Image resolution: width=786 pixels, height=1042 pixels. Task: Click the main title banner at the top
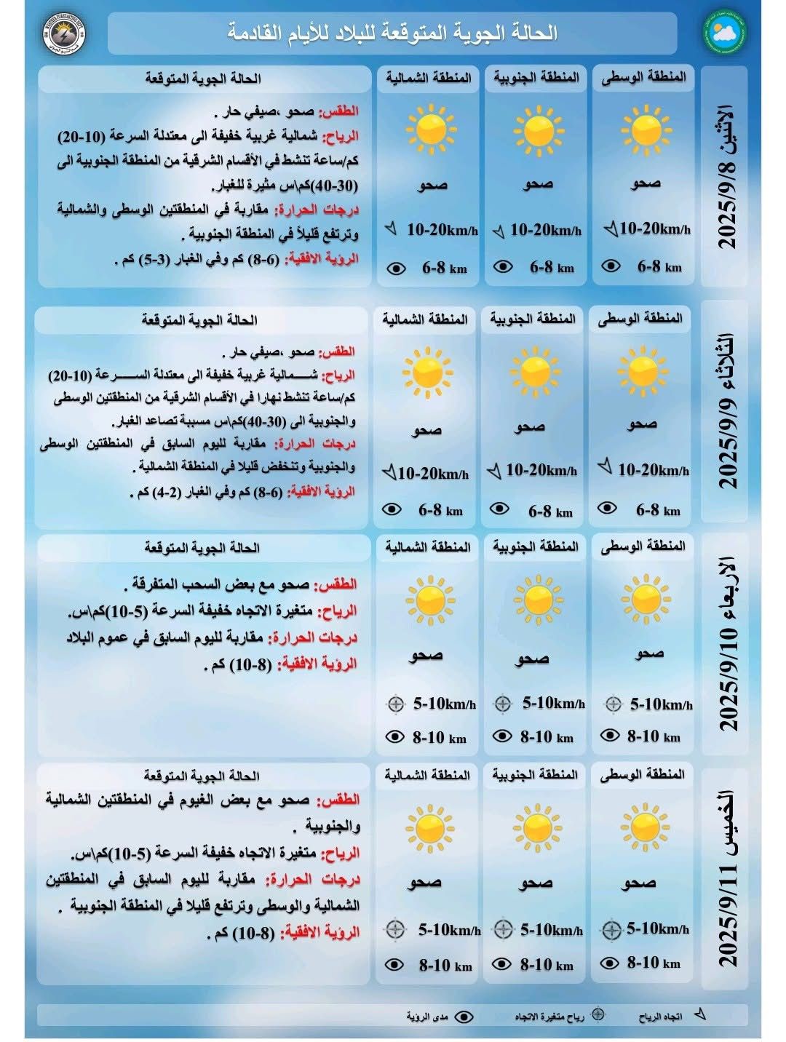(x=392, y=33)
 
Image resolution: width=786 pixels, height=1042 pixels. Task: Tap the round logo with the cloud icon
(x=724, y=32)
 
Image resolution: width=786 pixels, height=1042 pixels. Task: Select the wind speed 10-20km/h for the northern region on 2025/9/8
(x=441, y=230)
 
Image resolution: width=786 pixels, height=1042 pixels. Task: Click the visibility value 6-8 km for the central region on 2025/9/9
(x=657, y=510)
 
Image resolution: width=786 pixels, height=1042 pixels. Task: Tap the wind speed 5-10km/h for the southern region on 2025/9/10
(x=553, y=704)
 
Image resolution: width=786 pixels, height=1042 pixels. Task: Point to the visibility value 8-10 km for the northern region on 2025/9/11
(x=445, y=966)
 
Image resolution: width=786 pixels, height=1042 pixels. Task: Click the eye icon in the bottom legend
(x=464, y=1016)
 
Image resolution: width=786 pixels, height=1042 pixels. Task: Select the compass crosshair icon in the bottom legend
(x=598, y=1015)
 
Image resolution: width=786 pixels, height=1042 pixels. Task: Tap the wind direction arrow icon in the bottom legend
(x=700, y=1014)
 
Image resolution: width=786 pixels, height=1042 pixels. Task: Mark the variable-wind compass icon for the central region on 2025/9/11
(x=611, y=929)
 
